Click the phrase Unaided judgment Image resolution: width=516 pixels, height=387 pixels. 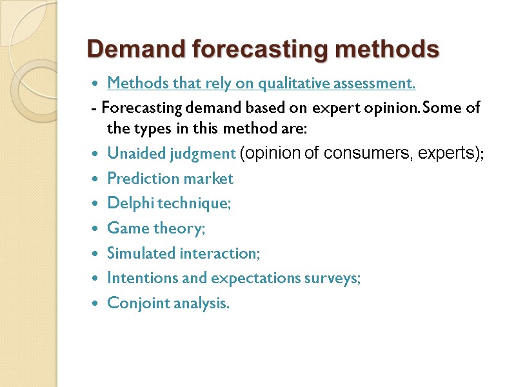click(x=171, y=154)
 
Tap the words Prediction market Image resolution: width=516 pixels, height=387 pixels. click(x=170, y=179)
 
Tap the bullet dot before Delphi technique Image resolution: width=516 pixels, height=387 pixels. click(x=95, y=204)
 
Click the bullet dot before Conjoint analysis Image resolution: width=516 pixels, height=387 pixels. click(x=95, y=304)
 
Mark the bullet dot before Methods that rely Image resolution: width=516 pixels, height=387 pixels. click(x=95, y=84)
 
